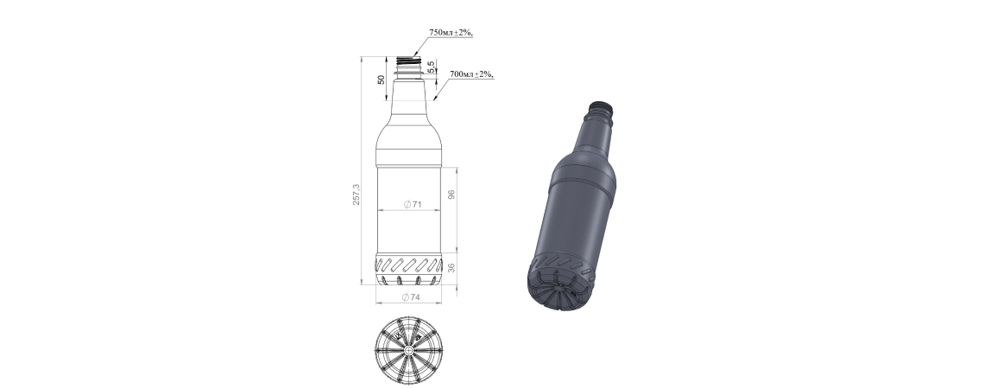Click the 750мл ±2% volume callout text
451,33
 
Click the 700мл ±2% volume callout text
471,74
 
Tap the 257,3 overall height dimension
356,194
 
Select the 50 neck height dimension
381,80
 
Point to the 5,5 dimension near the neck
431,66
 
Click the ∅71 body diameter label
412,204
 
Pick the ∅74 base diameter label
410,297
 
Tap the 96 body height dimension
451,194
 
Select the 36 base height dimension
451,268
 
